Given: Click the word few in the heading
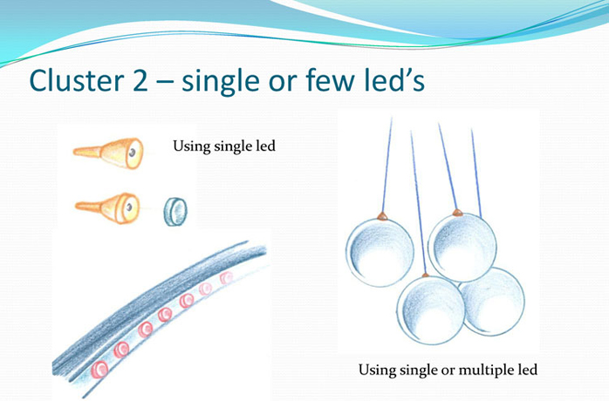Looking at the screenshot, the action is (x=330, y=81).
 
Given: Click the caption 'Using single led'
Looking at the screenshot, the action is (x=224, y=146).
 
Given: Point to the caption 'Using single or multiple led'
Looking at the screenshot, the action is (x=448, y=370).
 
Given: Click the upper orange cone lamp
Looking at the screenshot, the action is (x=109, y=153).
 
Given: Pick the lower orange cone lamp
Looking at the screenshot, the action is (x=107, y=207).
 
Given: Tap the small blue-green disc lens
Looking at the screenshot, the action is (x=175, y=212).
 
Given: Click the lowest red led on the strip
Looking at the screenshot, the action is (x=99, y=369).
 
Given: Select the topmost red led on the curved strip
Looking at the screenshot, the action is (x=226, y=278).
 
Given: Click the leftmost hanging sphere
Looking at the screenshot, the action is (x=380, y=252).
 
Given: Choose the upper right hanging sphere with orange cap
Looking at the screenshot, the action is (x=462, y=248).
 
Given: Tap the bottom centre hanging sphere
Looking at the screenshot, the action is (x=431, y=310).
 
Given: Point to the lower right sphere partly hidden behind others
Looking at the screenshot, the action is (x=496, y=303).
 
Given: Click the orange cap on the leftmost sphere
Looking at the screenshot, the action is (x=382, y=216).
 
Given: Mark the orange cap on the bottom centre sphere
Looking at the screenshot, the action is (x=425, y=275).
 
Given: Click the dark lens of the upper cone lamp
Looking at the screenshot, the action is (x=133, y=153).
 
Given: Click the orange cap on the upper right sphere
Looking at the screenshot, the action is (x=457, y=213).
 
